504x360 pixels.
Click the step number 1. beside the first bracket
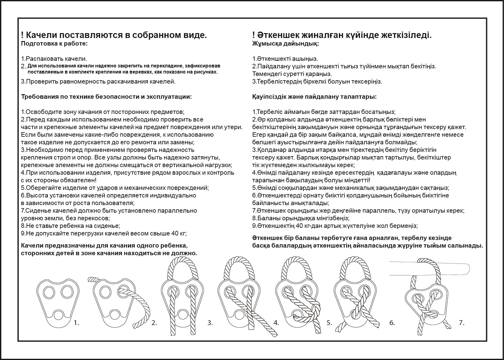click(76, 323)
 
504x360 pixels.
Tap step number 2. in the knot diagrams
click(154, 323)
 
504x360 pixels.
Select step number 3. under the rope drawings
click(210, 323)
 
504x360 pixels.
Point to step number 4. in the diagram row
click(276, 323)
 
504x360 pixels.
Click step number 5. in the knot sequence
click(329, 323)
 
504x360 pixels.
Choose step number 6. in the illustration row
click(392, 323)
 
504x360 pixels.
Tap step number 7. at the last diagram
click(461, 323)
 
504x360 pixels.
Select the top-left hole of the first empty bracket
click(48, 292)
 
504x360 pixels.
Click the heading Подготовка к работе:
click(54, 43)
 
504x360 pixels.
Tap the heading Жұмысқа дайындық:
click(285, 43)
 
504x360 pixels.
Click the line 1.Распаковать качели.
click(54, 59)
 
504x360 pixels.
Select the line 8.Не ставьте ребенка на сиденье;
click(71, 226)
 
